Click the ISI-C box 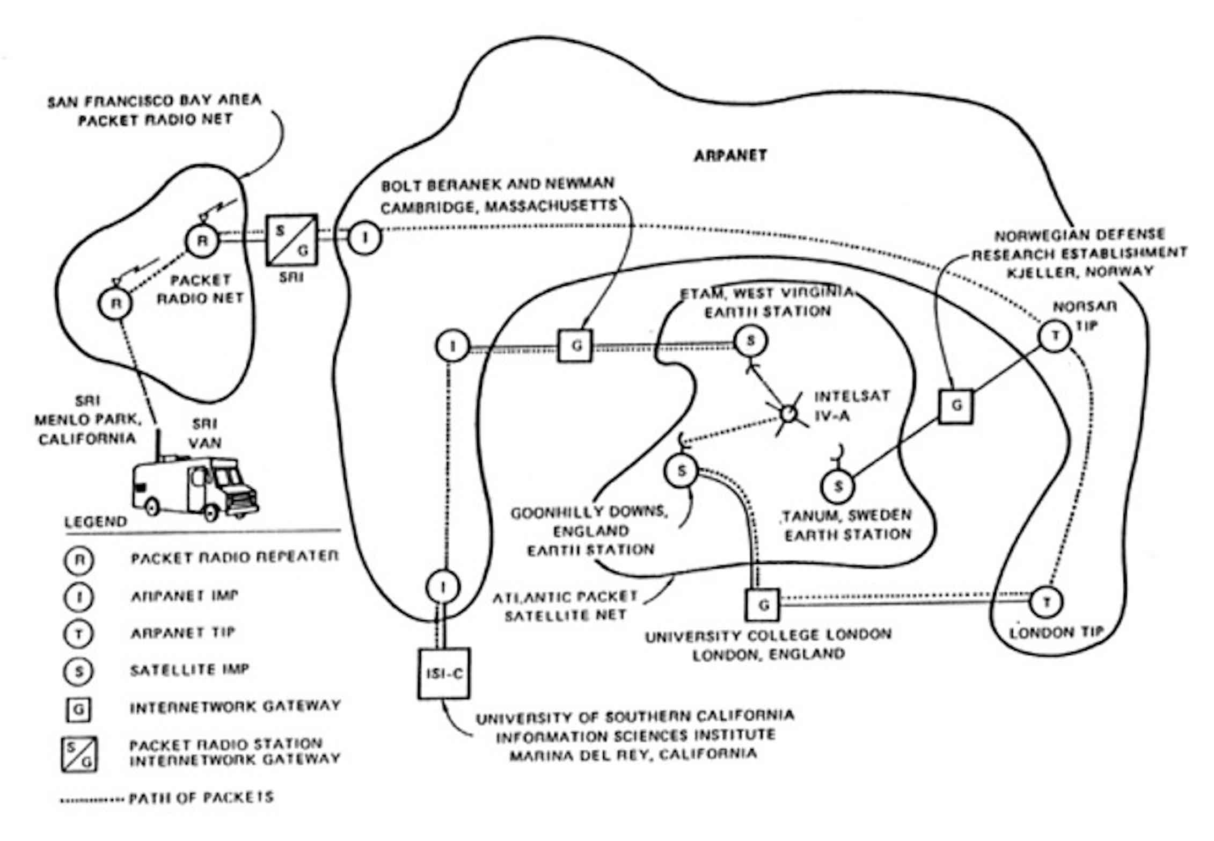(x=443, y=673)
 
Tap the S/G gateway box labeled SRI (x=292, y=240)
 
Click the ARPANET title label (x=730, y=156)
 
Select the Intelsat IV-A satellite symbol (x=788, y=414)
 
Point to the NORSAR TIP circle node (x=1055, y=337)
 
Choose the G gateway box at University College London (x=763, y=605)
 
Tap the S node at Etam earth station (x=750, y=340)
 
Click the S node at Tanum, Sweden (x=838, y=487)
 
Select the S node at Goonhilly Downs (x=682, y=471)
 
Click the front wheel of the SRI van (x=210, y=511)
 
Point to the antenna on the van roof (x=158, y=443)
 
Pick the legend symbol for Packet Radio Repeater (x=79, y=560)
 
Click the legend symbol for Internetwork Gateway (x=78, y=710)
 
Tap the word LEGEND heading (x=96, y=522)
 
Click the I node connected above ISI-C (x=443, y=587)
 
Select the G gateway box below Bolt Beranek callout (x=575, y=345)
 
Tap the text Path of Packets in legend (x=201, y=798)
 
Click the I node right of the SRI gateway (x=365, y=238)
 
